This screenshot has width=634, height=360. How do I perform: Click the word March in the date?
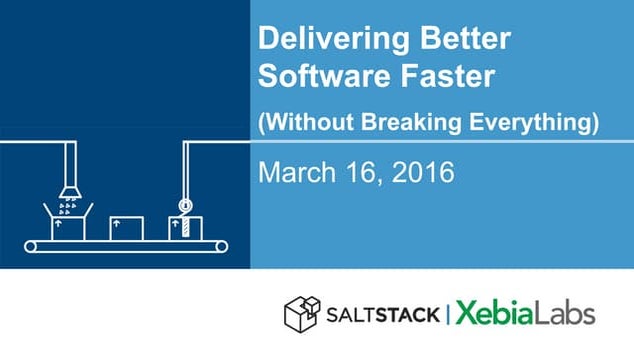click(x=299, y=173)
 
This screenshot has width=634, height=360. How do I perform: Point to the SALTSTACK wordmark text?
click(x=382, y=314)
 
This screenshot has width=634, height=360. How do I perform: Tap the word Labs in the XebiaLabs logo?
click(x=567, y=313)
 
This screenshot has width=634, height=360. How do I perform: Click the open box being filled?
click(x=69, y=222)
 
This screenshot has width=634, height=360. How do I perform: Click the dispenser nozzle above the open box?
click(x=69, y=187)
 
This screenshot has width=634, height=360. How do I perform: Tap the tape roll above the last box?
click(x=183, y=206)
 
